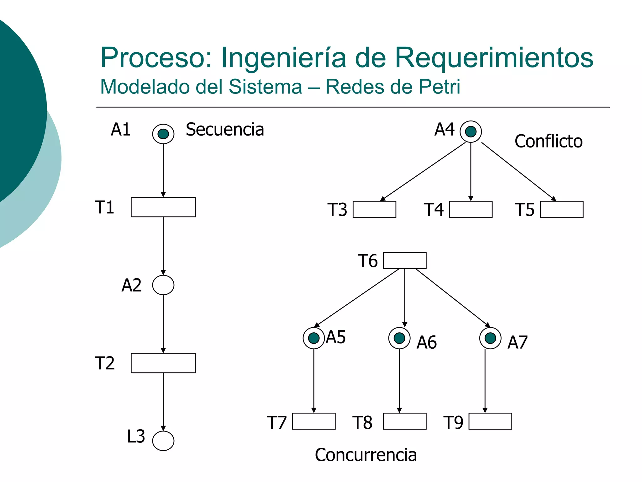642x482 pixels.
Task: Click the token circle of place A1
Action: click(x=163, y=134)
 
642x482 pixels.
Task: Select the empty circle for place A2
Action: click(x=163, y=285)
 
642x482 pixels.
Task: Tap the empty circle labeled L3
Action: click(x=163, y=441)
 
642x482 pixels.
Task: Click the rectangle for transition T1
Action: click(x=163, y=207)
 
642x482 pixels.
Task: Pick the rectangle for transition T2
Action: click(x=163, y=363)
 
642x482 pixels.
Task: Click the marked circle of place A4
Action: click(x=471, y=131)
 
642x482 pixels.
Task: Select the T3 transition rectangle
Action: click(x=374, y=209)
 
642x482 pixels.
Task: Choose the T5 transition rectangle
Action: click(x=561, y=209)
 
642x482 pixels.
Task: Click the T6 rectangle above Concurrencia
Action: click(x=404, y=260)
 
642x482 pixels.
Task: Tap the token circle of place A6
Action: click(x=399, y=338)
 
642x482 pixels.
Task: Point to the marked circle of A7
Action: click(x=490, y=338)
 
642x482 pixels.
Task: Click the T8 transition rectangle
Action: click(x=404, y=421)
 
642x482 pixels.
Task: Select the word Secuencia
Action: click(x=225, y=130)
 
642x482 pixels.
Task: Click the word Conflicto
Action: click(x=548, y=141)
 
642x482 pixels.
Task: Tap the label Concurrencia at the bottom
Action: click(x=366, y=455)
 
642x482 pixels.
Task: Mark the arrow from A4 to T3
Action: click(x=423, y=171)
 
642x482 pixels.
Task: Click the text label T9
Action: click(x=453, y=422)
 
